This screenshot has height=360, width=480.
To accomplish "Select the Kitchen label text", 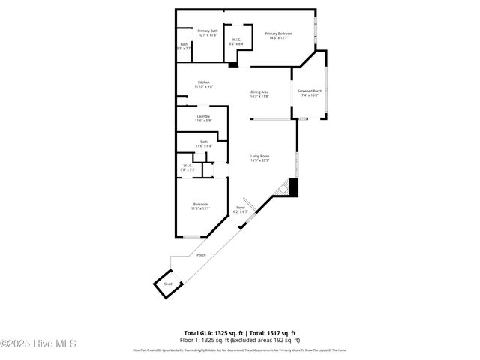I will pos(204,84).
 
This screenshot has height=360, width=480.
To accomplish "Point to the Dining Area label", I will pos(259,94).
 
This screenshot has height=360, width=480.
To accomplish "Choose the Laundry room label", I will pos(203,118).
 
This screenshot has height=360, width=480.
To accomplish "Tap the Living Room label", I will pos(259,158).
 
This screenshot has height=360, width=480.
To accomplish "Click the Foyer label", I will pos(241,209).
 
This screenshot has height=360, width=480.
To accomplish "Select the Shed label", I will pos(169,284).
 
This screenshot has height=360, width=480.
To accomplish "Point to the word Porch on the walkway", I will pos(201,255).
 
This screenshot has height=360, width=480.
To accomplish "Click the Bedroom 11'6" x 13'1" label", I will pos(200,206).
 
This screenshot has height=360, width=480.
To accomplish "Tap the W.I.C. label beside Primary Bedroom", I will pos(235,42).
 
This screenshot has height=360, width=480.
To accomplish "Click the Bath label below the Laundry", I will pos(204,143).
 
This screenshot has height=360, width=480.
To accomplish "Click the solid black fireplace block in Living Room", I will pos(294,187).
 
